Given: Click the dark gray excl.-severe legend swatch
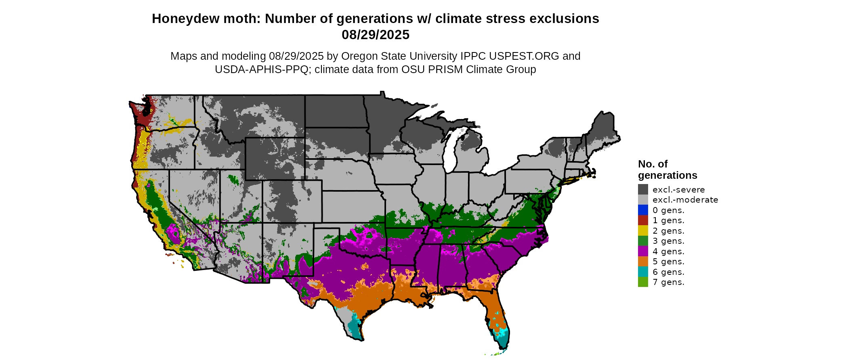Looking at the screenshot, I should (x=643, y=189).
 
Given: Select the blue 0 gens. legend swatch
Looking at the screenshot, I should (x=643, y=210).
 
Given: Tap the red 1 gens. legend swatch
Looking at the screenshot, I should (x=643, y=220).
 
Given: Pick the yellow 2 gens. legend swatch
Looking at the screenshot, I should (x=643, y=230).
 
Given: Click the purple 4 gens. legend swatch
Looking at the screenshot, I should (x=643, y=251).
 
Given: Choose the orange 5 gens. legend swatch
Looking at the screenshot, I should (x=643, y=262).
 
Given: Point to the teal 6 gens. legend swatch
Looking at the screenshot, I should (x=643, y=272).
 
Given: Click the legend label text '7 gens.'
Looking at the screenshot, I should (x=668, y=282).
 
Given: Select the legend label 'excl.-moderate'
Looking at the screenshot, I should (x=685, y=200).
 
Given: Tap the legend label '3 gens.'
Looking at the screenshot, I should (x=668, y=241).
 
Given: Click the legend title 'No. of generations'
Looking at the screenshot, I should (x=667, y=170).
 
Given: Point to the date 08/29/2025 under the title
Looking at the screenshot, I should (x=375, y=35).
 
